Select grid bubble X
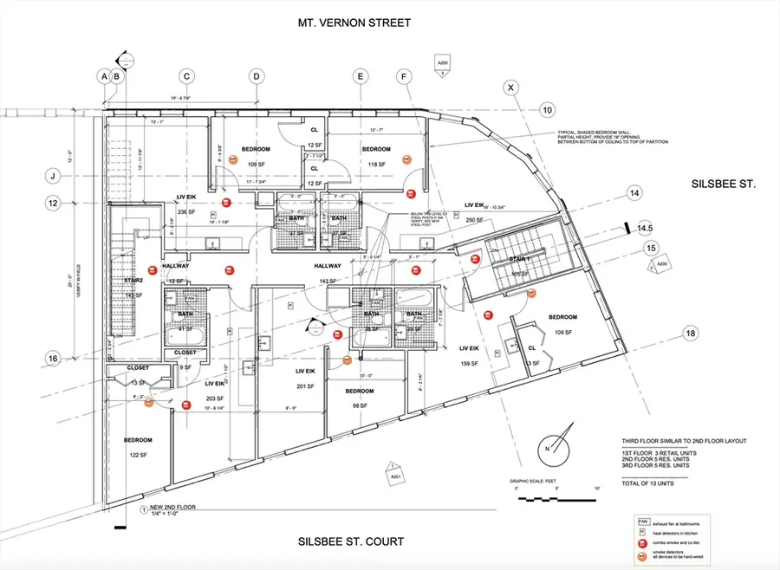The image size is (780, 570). [x=511, y=87]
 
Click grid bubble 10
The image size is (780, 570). [x=547, y=110]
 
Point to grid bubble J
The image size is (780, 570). [x=53, y=176]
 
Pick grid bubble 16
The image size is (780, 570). [x=53, y=358]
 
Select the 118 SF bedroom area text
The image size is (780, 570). [x=377, y=164]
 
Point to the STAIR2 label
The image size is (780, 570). [x=134, y=281]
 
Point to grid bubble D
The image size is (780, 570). [x=257, y=76]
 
